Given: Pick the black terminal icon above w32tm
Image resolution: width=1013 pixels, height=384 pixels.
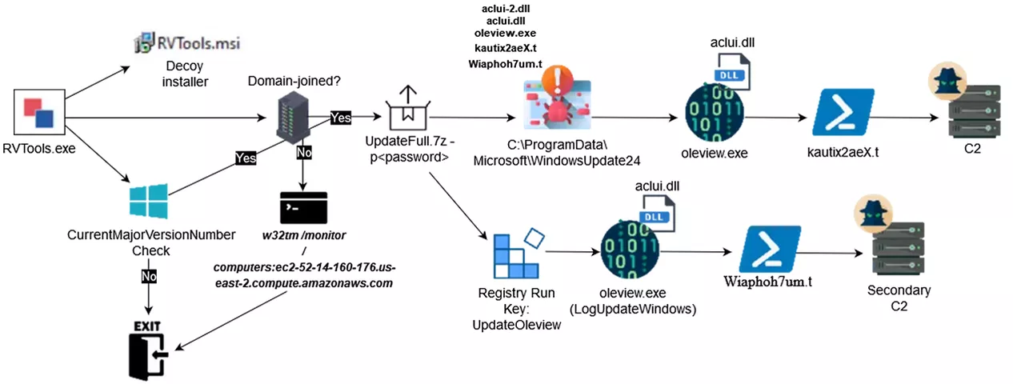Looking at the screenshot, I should pos(303,209).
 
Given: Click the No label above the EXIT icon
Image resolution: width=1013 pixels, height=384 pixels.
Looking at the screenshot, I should pos(147,274).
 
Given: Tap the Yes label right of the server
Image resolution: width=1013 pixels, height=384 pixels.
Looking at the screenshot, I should pos(341,118).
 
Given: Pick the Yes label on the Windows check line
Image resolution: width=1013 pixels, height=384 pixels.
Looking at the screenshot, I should pos(246,158).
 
